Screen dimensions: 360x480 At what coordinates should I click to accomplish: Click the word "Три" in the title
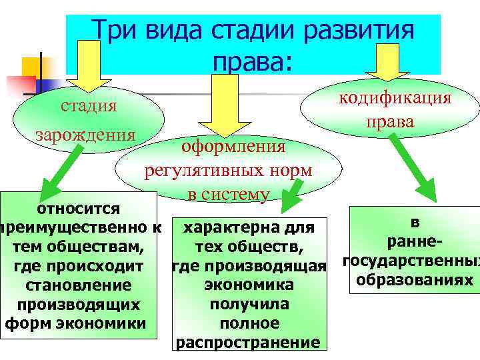(x=113, y=30)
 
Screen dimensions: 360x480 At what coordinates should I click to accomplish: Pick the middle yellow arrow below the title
(x=215, y=103)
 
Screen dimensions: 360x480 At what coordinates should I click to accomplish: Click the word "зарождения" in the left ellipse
(x=85, y=134)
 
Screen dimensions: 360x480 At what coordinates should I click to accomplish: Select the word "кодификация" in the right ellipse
(x=395, y=98)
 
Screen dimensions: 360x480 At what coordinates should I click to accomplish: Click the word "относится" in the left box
(x=78, y=209)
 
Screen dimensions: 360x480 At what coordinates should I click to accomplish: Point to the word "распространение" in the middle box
(x=247, y=343)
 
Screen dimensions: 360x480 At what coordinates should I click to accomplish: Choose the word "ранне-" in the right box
(x=415, y=241)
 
